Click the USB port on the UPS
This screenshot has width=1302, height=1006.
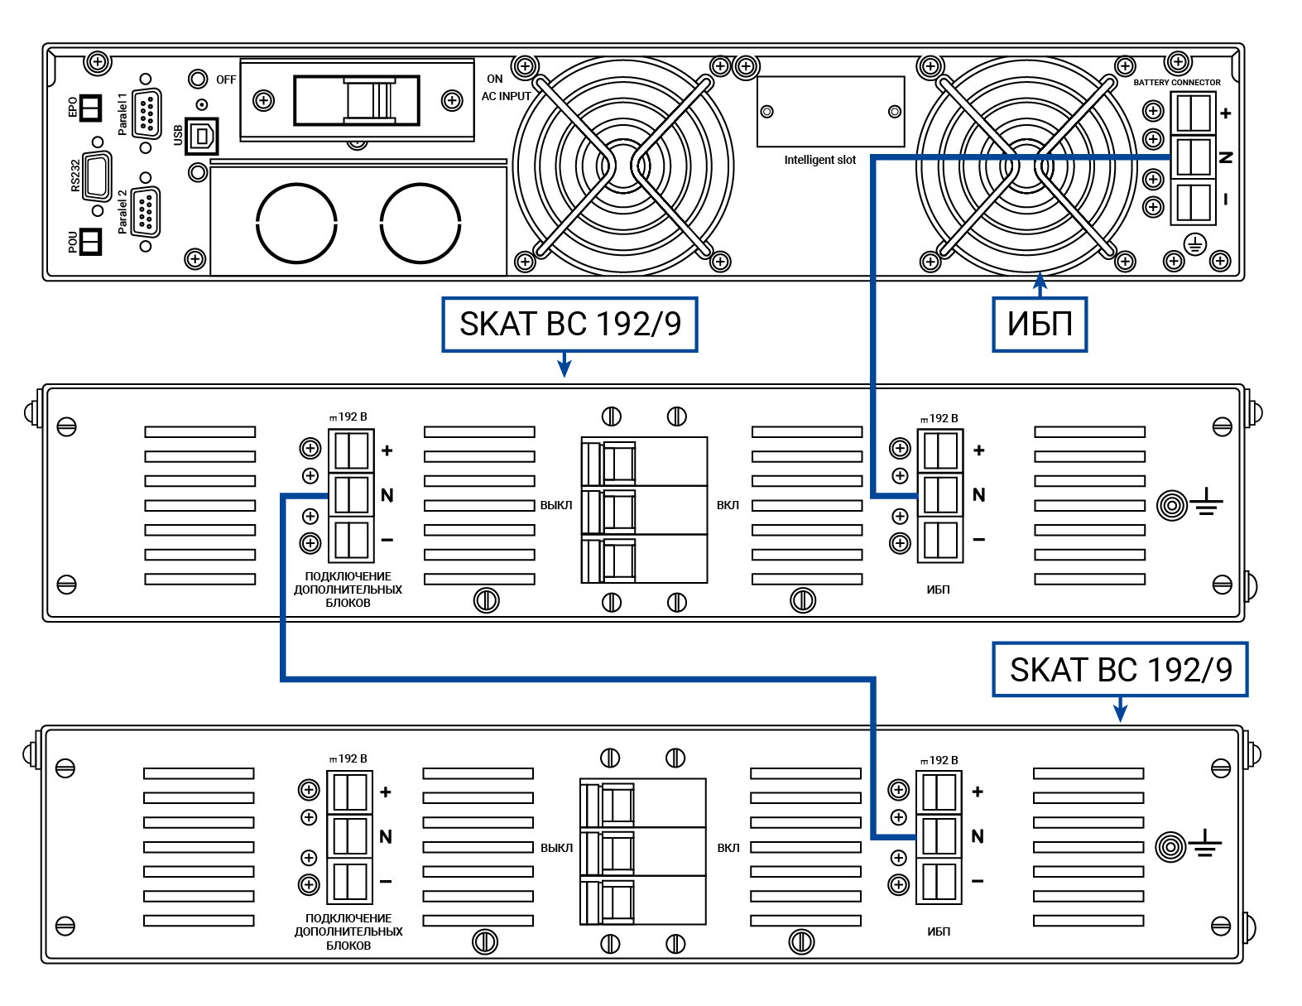click(201, 136)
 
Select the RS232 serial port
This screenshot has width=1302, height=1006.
click(97, 176)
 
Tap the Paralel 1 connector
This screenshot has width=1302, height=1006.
click(147, 113)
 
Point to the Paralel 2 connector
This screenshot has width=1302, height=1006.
click(146, 212)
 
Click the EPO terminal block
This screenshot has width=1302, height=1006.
click(90, 107)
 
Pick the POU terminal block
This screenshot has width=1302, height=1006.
click(90, 241)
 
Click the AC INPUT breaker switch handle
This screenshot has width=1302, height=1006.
click(369, 100)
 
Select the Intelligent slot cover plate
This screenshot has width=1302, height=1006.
click(830, 112)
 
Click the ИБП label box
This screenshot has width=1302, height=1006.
click(1040, 325)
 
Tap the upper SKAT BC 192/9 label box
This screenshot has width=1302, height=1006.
click(569, 325)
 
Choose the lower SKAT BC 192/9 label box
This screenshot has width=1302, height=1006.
click(1120, 670)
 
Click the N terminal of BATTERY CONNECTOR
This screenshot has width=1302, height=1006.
click(1193, 156)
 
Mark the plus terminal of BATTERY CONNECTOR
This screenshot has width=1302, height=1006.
click(1193, 113)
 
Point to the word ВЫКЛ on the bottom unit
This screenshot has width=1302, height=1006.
click(556, 848)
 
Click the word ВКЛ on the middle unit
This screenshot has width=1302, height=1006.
click(728, 505)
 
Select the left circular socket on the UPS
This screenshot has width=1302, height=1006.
click(296, 223)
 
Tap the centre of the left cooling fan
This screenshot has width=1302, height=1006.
click(622, 166)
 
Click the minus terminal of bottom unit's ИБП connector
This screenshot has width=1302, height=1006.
click(939, 881)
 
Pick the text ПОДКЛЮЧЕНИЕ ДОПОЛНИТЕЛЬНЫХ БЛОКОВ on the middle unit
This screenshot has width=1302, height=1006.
click(348, 590)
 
